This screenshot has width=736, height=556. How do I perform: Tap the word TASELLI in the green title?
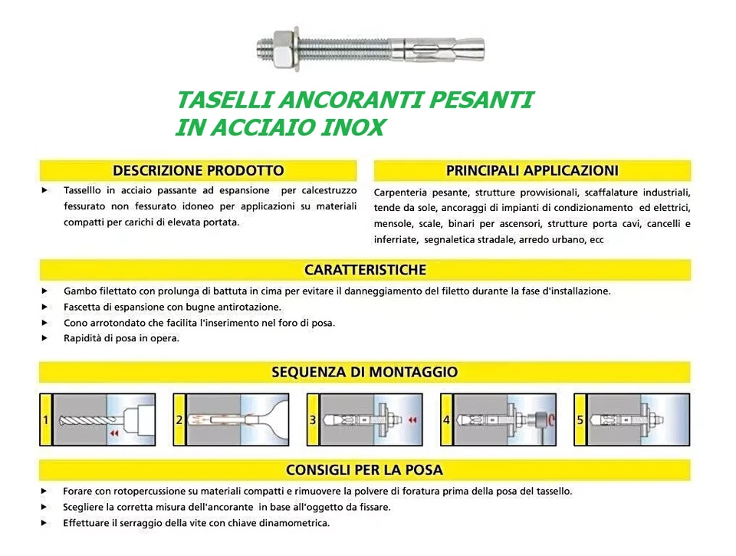tap(222, 100)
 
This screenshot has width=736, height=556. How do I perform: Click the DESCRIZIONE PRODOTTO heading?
tap(198, 170)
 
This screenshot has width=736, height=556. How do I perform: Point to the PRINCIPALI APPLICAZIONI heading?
tap(532, 170)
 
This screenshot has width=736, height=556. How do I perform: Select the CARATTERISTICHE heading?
tap(365, 270)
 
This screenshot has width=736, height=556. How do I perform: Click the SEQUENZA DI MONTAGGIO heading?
tap(365, 372)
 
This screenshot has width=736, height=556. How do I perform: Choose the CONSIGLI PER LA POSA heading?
tap(365, 469)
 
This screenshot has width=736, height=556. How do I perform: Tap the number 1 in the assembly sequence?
tap(46, 419)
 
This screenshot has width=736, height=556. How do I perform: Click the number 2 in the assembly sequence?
tap(179, 419)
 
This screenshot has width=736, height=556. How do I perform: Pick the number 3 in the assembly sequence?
tap(313, 419)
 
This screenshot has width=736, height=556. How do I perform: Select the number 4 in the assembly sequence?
tap(446, 419)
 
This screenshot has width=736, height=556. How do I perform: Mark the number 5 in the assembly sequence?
tap(580, 419)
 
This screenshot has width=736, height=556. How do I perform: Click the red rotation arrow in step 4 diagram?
tap(552, 420)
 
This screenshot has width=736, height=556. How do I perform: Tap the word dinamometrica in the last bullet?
tap(295, 523)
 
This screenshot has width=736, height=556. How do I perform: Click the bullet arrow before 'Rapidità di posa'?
tap(45, 338)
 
